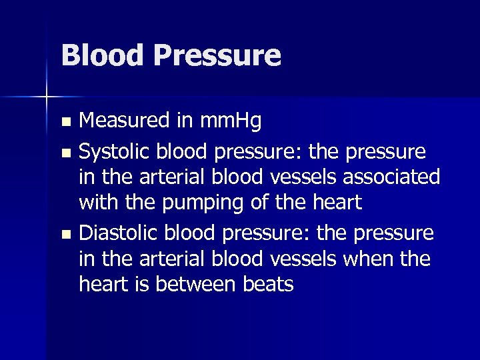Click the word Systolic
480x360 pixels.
click(x=113, y=152)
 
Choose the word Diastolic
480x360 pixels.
click(x=118, y=234)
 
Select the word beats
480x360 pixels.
click(x=267, y=285)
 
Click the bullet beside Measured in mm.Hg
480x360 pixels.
click(x=65, y=122)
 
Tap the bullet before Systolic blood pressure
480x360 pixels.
click(x=65, y=153)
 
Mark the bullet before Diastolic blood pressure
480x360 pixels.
click(x=65, y=235)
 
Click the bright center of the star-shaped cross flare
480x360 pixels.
click(x=47, y=97)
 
